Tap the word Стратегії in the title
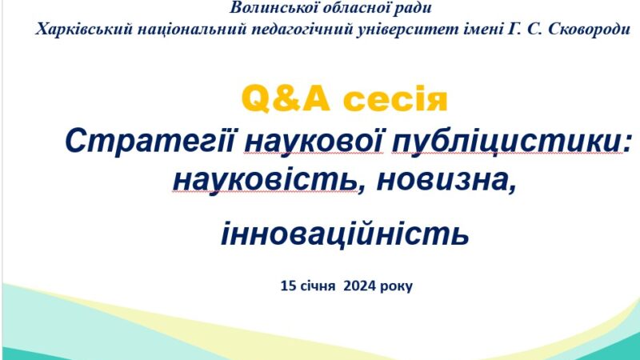pos(150,142)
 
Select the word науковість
pos(263,181)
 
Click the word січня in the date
pos(319,286)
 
